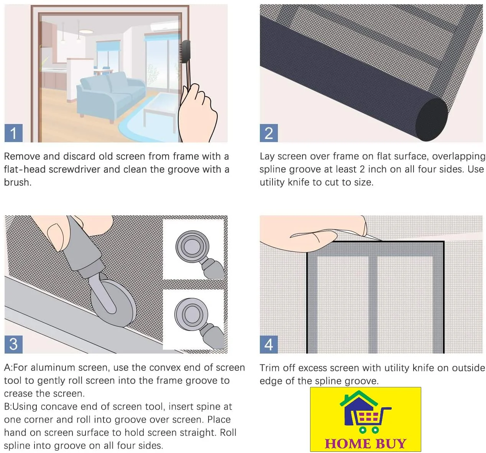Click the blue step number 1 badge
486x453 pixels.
pyautogui.click(x=13, y=133)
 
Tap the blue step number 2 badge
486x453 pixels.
pyautogui.click(x=269, y=133)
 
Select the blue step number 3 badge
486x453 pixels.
pyautogui.click(x=13, y=344)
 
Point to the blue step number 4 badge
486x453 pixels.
pyautogui.click(x=269, y=344)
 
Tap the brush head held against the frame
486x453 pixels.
pyautogui.click(x=185, y=51)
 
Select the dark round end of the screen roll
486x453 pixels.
pyautogui.click(x=432, y=120)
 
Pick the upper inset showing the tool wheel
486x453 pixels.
pyautogui.click(x=193, y=249)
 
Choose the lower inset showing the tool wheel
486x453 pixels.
pyautogui.click(x=193, y=319)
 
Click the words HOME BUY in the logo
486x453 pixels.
pyautogui.click(x=366, y=444)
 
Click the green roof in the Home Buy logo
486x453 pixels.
pyautogui.click(x=359, y=398)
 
